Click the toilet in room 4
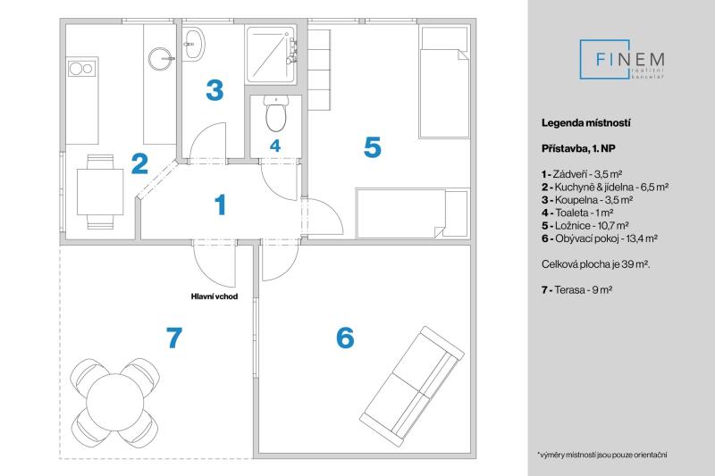(275, 113)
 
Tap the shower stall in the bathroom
(272, 54)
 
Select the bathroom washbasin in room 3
(194, 44)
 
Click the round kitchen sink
(161, 59)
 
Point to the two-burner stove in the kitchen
(82, 69)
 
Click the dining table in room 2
(100, 192)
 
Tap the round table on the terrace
(115, 401)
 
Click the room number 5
(372, 147)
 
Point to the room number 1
(221, 205)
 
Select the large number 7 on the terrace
(174, 338)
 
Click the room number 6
(345, 338)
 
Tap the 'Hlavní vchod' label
(214, 296)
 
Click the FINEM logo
(622, 60)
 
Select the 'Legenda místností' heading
(586, 122)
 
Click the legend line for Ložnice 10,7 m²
(585, 225)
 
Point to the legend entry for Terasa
(576, 289)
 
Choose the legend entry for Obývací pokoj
(600, 238)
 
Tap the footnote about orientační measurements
(602, 455)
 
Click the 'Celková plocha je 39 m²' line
(595, 264)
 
